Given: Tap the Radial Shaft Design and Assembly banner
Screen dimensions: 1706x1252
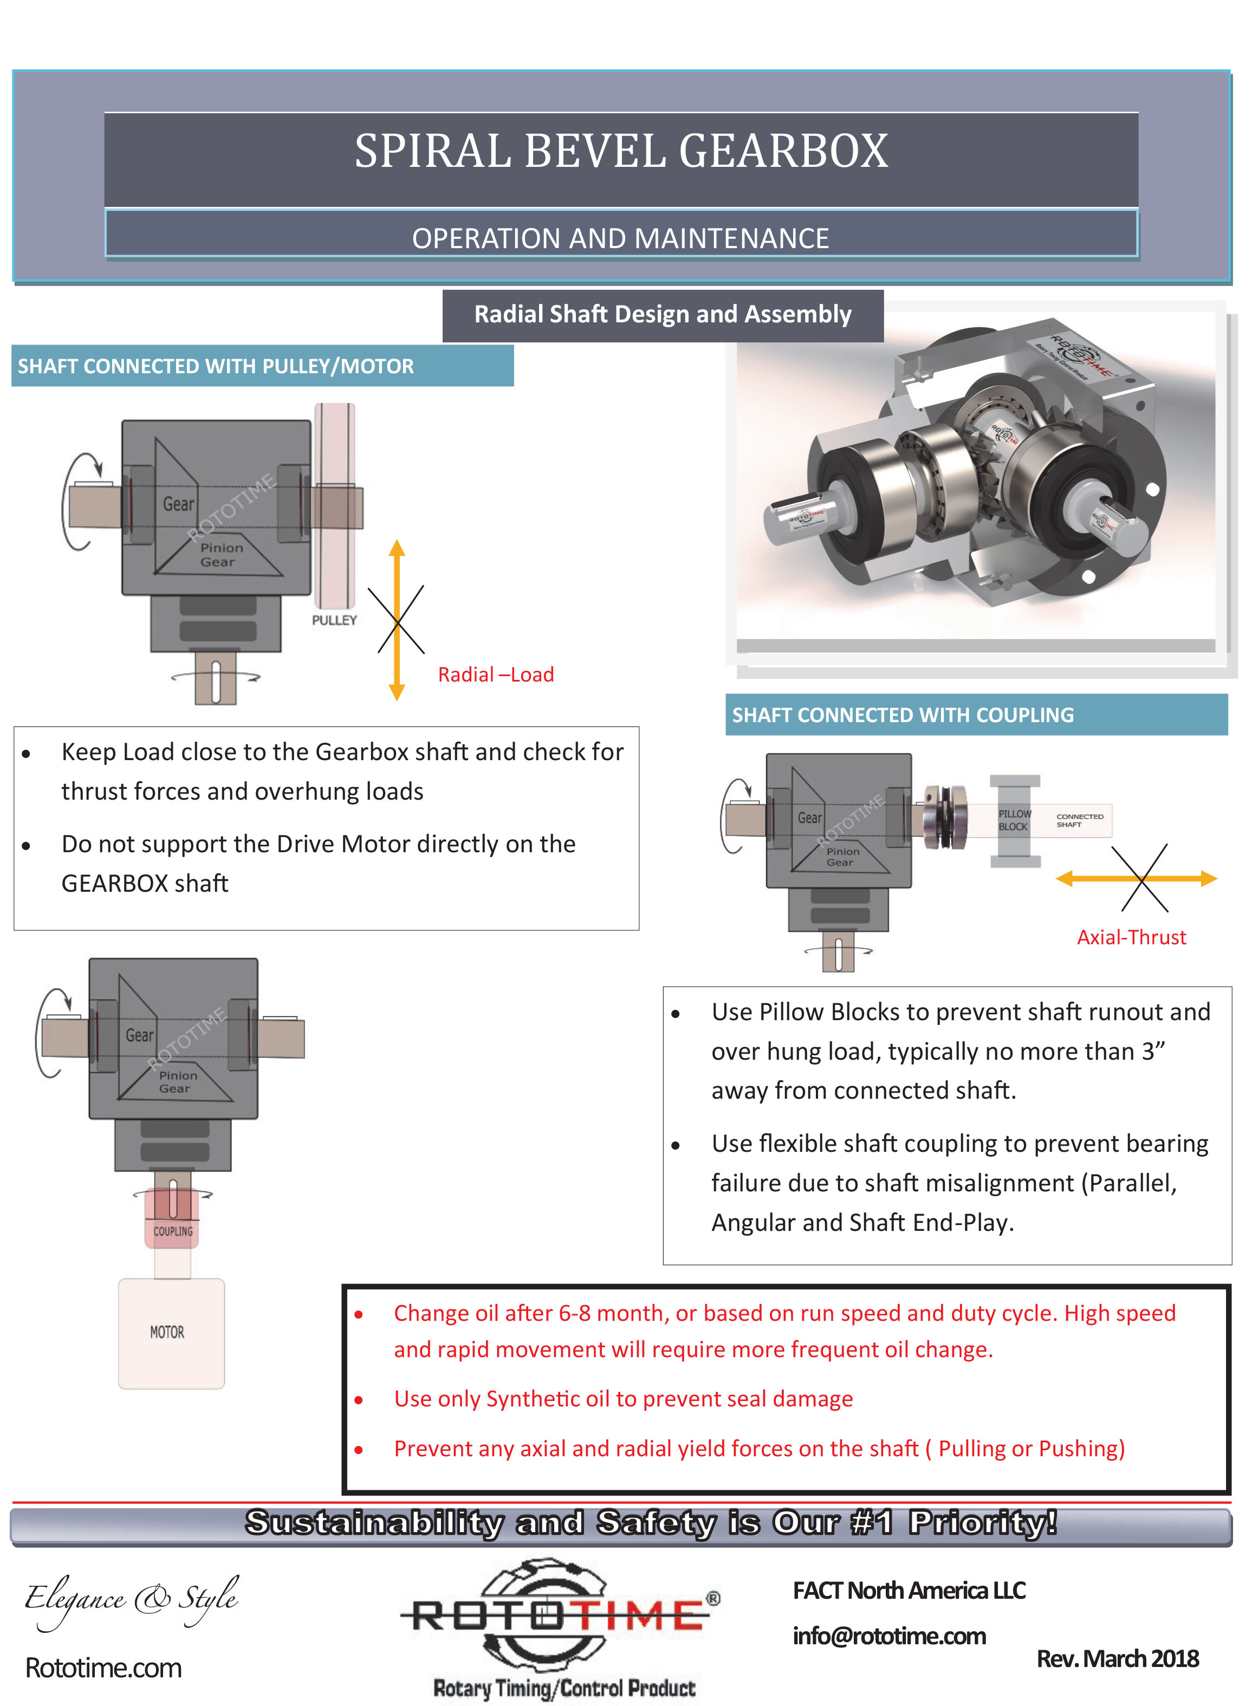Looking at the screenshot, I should [663, 315].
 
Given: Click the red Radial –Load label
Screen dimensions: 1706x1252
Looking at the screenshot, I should [496, 674].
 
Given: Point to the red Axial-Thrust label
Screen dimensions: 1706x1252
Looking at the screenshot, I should [1131, 937].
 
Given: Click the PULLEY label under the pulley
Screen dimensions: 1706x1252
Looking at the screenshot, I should [334, 620].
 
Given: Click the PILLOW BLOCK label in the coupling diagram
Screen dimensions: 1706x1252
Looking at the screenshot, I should [1014, 820].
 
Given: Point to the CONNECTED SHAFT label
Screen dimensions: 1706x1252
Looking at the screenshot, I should [1079, 820].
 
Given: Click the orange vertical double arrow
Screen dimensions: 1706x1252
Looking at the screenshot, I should [397, 620].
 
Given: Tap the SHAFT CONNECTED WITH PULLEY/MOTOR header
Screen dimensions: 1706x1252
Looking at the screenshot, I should [216, 366].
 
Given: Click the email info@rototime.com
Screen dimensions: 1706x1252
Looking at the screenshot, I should [889, 1636].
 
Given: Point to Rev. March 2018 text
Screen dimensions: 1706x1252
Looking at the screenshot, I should [1117, 1658].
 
